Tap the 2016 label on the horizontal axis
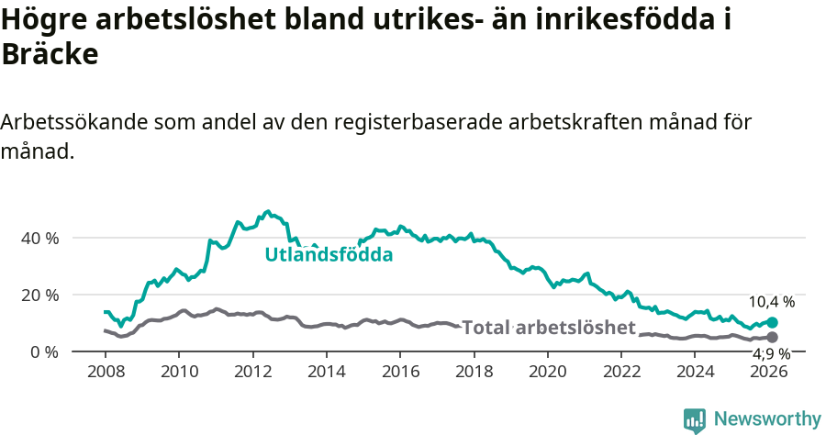(400, 372)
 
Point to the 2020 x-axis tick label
(548, 372)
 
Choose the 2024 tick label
(696, 372)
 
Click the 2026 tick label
(769, 372)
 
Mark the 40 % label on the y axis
(39, 238)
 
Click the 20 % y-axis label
(39, 295)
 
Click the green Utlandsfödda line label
(329, 254)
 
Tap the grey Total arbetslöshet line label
(548, 328)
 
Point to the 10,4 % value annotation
(771, 301)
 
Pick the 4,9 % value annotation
(771, 353)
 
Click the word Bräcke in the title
(50, 54)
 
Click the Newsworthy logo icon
(695, 420)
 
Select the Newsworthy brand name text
(766, 419)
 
